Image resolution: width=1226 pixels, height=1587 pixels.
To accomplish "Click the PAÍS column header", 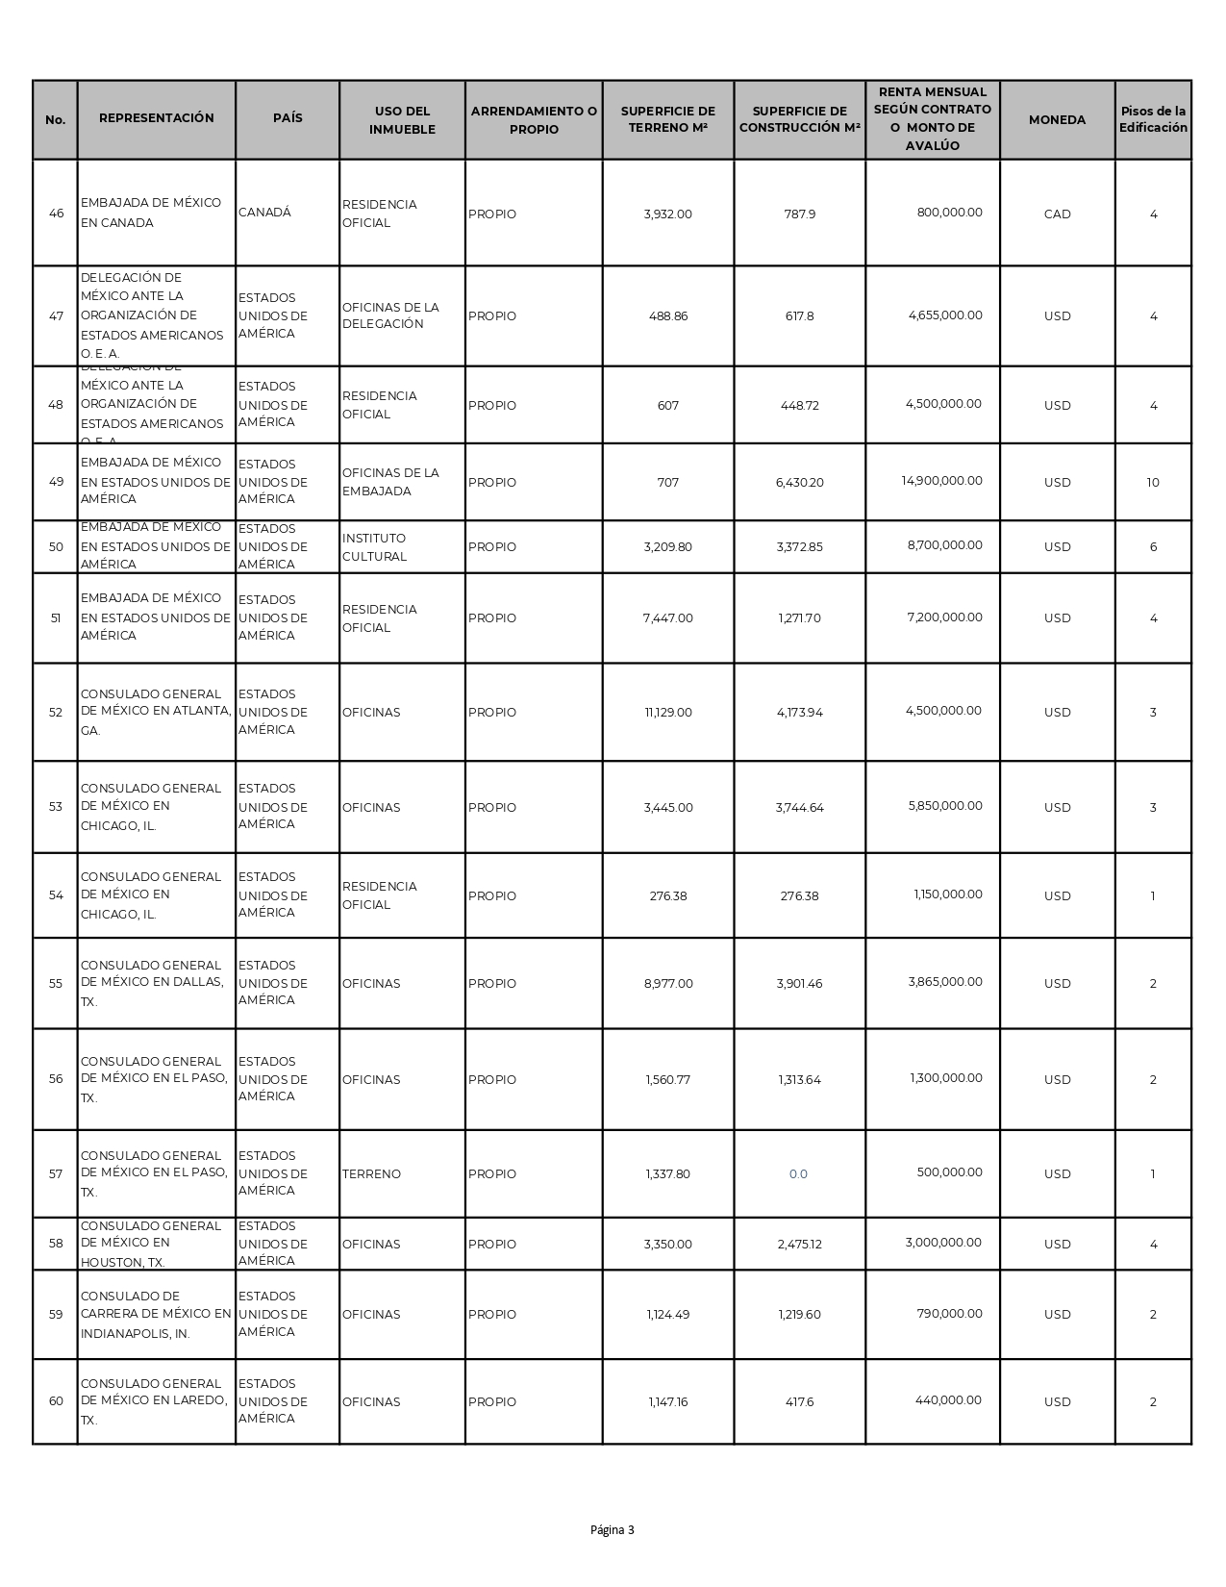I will point(288,118).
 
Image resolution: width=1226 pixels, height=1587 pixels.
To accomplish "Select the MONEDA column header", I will point(1057,120).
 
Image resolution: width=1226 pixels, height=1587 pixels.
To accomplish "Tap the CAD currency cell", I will point(1057,214).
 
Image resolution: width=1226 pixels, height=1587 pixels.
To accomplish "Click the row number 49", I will point(56,482).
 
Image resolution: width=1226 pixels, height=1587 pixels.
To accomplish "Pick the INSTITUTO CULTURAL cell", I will point(374,547).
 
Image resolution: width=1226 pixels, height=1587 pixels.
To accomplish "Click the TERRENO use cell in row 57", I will point(371,1173).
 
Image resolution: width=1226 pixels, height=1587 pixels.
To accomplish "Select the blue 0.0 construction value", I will point(798,1173).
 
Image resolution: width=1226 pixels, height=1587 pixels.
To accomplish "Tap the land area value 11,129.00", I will point(667,713).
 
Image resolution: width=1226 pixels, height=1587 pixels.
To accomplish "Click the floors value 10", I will point(1153,482).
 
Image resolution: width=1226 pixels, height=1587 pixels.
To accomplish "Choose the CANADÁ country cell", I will point(264,213).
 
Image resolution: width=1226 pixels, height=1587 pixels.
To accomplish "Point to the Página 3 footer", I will point(613,1530).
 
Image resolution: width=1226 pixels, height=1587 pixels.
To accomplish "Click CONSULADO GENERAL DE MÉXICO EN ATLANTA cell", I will point(156,712).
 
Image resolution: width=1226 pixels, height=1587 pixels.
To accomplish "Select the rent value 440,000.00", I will point(948,1400).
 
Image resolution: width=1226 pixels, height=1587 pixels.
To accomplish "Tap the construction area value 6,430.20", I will point(799,482).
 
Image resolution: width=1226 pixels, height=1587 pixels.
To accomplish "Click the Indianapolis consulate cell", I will point(156,1314).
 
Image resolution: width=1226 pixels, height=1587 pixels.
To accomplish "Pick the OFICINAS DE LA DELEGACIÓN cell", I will point(390,315).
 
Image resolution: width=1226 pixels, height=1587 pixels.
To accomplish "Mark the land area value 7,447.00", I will point(667,618).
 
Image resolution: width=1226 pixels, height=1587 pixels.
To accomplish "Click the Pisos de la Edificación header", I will point(1153,119).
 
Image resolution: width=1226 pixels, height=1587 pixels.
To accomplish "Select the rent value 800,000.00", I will point(949,213).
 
